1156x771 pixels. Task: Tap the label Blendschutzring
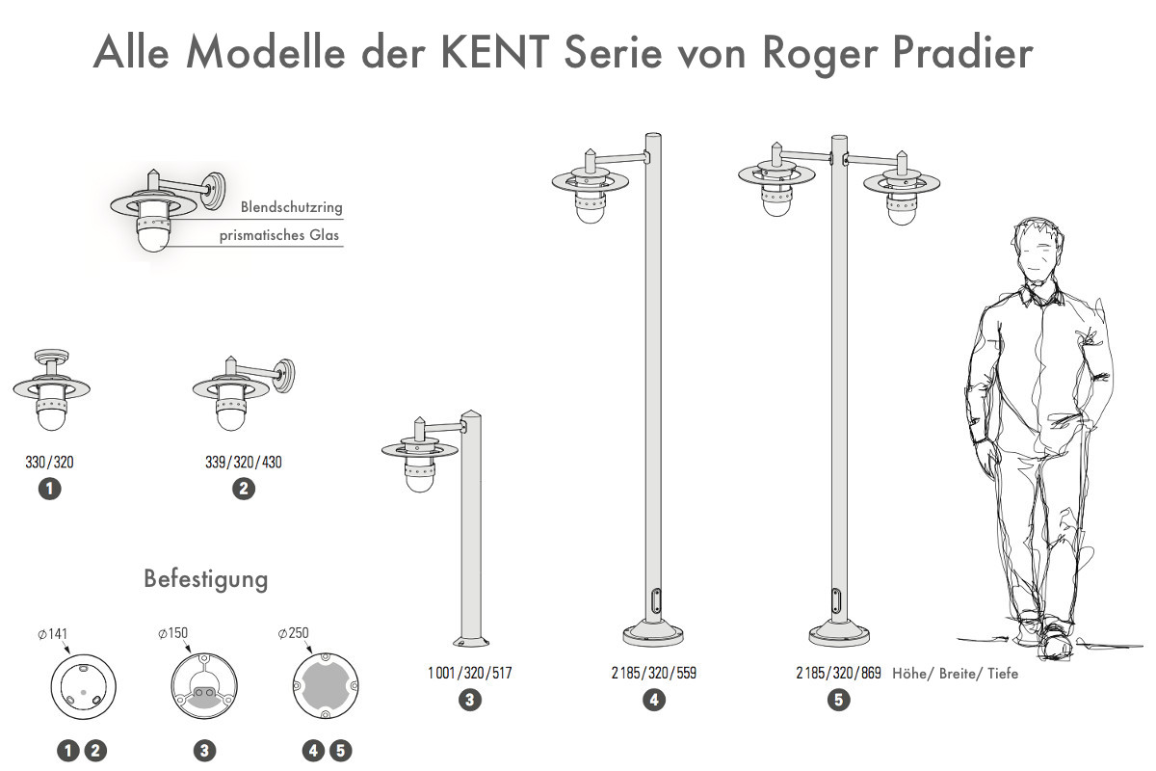click(292, 206)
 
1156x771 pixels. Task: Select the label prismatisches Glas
click(279, 234)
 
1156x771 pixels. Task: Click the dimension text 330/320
click(49, 463)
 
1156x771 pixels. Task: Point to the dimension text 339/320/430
click(244, 463)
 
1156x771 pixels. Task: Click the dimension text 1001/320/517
click(470, 673)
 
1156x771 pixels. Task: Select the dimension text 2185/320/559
click(654, 673)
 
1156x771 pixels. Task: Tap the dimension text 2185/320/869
click(838, 673)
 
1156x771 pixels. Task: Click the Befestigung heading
click(205, 579)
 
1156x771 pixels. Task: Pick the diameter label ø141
click(53, 634)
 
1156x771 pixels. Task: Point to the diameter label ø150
click(173, 634)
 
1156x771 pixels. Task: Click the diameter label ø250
click(293, 634)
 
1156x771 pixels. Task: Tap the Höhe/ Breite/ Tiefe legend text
click(955, 674)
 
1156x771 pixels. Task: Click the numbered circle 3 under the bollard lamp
click(470, 701)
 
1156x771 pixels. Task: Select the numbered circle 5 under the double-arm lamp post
click(838, 701)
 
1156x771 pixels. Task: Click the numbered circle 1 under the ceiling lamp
click(49, 489)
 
